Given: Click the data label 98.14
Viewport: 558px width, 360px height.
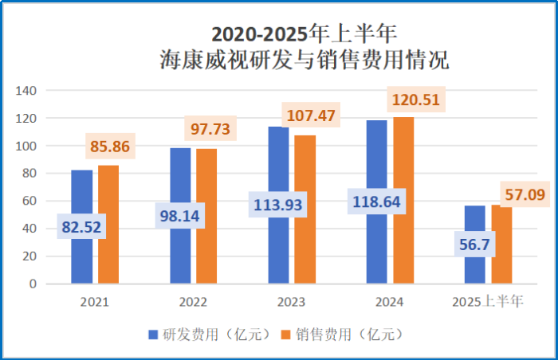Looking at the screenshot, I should [180, 215].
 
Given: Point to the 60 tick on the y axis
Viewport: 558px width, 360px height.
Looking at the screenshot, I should [29, 201].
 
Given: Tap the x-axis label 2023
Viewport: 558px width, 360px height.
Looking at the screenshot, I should [291, 303].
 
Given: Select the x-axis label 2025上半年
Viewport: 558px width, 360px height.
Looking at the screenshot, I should [487, 303].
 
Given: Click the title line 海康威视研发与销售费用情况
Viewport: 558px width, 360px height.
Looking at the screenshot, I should [304, 60].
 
